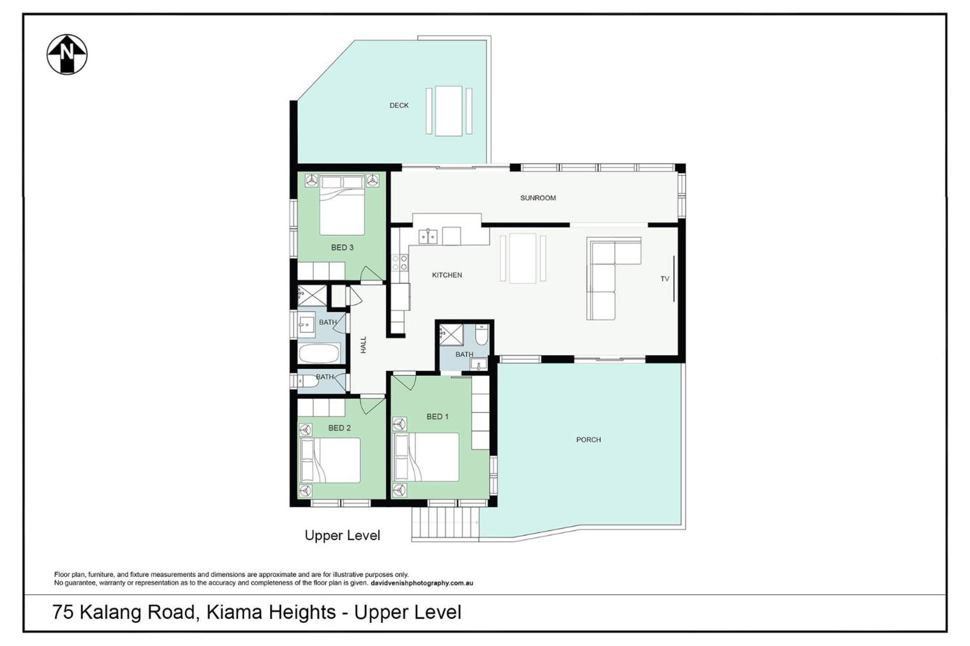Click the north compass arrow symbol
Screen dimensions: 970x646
click(x=67, y=55)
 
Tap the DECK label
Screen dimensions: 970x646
click(x=399, y=105)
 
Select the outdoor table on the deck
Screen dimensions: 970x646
click(x=449, y=111)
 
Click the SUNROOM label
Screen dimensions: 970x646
click(x=538, y=198)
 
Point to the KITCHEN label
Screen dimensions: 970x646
click(x=447, y=275)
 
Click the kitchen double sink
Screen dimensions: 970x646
click(x=428, y=236)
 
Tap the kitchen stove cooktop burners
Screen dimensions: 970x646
click(x=400, y=262)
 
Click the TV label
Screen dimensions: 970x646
click(x=664, y=279)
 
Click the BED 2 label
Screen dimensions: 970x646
click(x=339, y=428)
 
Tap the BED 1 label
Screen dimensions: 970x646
click(x=437, y=417)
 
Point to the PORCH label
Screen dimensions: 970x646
click(x=589, y=440)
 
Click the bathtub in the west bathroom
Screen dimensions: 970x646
click(x=319, y=353)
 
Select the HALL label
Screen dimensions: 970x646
click(x=363, y=345)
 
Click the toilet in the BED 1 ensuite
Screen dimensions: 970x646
click(x=481, y=335)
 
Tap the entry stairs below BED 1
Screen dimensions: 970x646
click(x=445, y=523)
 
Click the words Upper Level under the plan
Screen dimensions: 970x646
click(x=342, y=535)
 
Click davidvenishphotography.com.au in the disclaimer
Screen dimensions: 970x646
click(x=422, y=583)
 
